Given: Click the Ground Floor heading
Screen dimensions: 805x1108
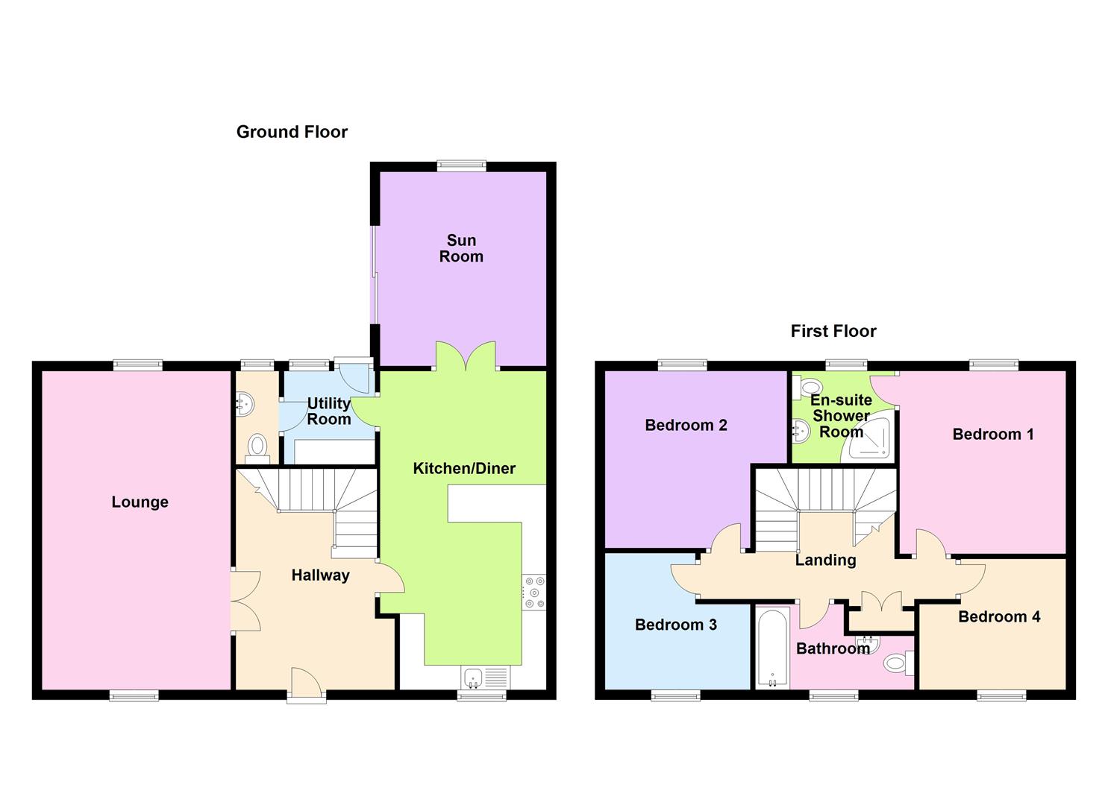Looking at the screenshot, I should pyautogui.click(x=292, y=132).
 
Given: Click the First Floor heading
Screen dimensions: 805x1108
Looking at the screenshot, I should pyautogui.click(x=833, y=331).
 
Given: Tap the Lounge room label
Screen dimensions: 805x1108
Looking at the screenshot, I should pyautogui.click(x=140, y=502).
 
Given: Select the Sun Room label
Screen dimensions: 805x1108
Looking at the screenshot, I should pyautogui.click(x=461, y=248).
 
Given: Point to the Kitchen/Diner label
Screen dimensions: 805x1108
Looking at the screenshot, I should pyautogui.click(x=464, y=468).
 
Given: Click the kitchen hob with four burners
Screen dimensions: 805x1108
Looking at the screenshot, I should pyautogui.click(x=533, y=593).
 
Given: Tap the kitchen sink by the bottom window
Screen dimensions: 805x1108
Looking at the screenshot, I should pyautogui.click(x=472, y=678).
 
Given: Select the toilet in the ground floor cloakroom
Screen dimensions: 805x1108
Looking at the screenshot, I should pyautogui.click(x=257, y=446).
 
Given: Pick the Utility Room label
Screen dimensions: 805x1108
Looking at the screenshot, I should pyautogui.click(x=329, y=411).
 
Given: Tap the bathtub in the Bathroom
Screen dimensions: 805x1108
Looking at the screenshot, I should pyautogui.click(x=771, y=647).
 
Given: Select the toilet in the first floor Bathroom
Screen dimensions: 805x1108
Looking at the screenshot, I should pyautogui.click(x=898, y=662).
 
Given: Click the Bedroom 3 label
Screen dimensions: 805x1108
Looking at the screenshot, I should pyautogui.click(x=675, y=625).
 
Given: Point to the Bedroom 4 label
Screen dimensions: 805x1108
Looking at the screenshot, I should pyautogui.click(x=998, y=616).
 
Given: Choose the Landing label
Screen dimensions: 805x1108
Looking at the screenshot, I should pyautogui.click(x=825, y=560).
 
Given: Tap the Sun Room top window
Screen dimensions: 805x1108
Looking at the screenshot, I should pyautogui.click(x=461, y=166).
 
